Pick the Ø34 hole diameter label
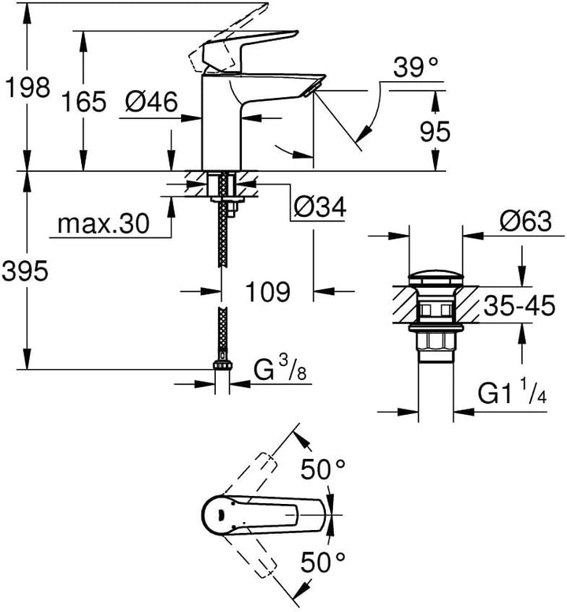(x=319, y=207)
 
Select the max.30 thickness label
(x=103, y=225)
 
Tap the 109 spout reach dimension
(x=265, y=293)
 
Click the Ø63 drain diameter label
(x=525, y=222)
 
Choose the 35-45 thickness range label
(x=520, y=306)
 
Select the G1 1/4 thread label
(x=510, y=392)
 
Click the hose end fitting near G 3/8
(x=222, y=368)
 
